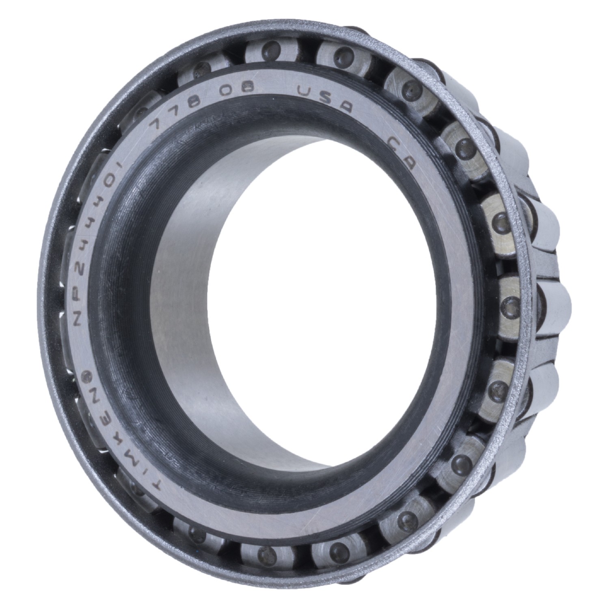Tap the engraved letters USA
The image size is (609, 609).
pos(325,97)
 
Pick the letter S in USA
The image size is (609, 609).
pos(325,97)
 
